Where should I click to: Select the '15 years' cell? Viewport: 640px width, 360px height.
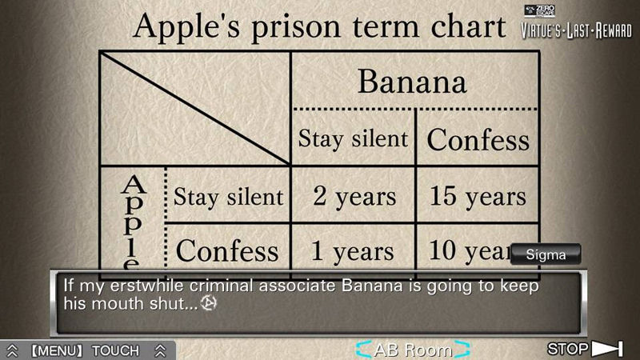(478, 196)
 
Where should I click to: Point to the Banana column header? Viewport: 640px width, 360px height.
(412, 82)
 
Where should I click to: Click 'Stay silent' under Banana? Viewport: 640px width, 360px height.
(353, 138)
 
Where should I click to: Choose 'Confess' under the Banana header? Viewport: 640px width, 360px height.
(478, 139)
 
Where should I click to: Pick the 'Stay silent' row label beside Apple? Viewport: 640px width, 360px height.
(228, 197)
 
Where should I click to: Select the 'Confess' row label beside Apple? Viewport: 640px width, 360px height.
(227, 250)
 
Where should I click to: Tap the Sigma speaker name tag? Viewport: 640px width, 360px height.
(546, 254)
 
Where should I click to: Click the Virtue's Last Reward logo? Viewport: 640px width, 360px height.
(576, 22)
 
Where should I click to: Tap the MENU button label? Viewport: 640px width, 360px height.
(57, 350)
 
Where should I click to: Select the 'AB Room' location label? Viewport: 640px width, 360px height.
(413, 350)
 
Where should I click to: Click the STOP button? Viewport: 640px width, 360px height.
(585, 349)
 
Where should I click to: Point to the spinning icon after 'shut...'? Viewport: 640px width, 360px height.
(209, 303)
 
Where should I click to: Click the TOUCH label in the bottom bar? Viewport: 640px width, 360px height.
(115, 350)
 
